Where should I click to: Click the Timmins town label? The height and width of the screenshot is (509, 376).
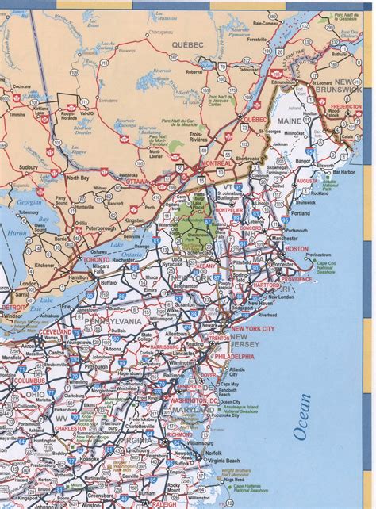coord(17,114)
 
